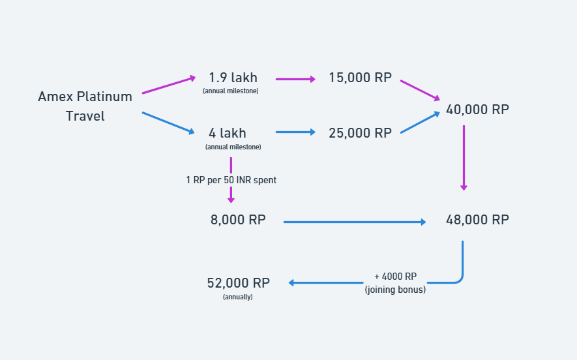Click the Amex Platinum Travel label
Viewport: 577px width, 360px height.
pyautogui.click(x=85, y=106)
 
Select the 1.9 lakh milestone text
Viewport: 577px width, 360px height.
pyautogui.click(x=233, y=78)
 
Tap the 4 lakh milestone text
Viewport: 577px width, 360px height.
pyautogui.click(x=228, y=133)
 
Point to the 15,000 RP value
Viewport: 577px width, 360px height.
pyautogui.click(x=360, y=78)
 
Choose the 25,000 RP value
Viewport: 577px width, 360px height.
pyautogui.click(x=360, y=133)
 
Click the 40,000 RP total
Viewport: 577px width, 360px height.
pyautogui.click(x=477, y=110)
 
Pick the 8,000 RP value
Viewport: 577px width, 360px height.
pyautogui.click(x=238, y=220)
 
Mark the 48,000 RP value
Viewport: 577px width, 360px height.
pyautogui.click(x=477, y=220)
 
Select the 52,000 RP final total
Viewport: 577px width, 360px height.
pyautogui.click(x=238, y=283)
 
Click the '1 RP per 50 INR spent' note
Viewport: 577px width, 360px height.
pyautogui.click(x=231, y=179)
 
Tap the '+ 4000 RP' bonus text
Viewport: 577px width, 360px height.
pyautogui.click(x=395, y=277)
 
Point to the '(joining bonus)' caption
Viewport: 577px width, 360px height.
pyautogui.click(x=395, y=290)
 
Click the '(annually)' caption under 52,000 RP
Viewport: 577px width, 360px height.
pyautogui.click(x=238, y=297)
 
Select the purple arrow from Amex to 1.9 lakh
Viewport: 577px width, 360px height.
pyautogui.click(x=168, y=85)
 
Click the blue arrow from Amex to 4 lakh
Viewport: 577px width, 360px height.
pyautogui.click(x=168, y=123)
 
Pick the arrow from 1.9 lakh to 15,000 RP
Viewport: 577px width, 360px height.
pyautogui.click(x=295, y=79)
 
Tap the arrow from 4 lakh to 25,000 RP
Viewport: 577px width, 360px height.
pyautogui.click(x=295, y=132)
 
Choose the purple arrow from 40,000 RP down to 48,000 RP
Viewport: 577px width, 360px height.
pyautogui.click(x=464, y=157)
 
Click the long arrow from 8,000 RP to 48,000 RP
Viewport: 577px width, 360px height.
pyautogui.click(x=355, y=222)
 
